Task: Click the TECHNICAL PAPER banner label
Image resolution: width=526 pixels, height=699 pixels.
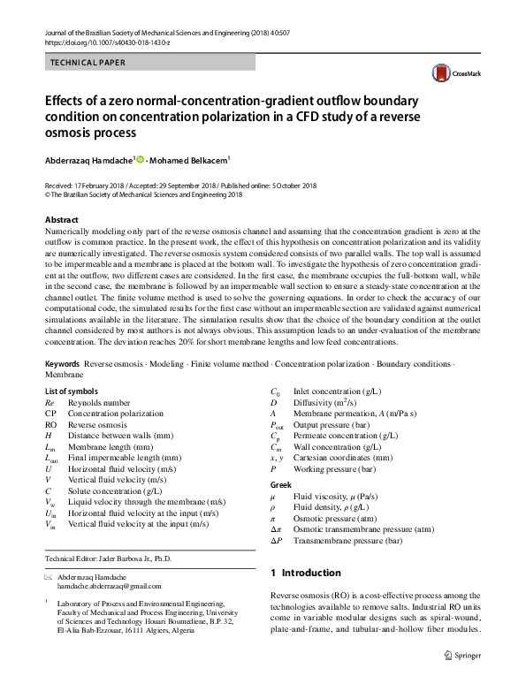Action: [88, 63]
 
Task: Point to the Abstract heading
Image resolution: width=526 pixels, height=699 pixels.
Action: [61, 219]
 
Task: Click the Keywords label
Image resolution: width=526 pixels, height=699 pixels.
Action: [61, 364]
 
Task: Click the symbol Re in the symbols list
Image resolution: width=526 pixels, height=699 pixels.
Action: [50, 401]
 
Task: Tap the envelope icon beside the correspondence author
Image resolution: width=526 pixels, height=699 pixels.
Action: [49, 576]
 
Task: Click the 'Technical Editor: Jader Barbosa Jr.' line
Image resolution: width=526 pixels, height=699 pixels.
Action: [108, 558]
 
